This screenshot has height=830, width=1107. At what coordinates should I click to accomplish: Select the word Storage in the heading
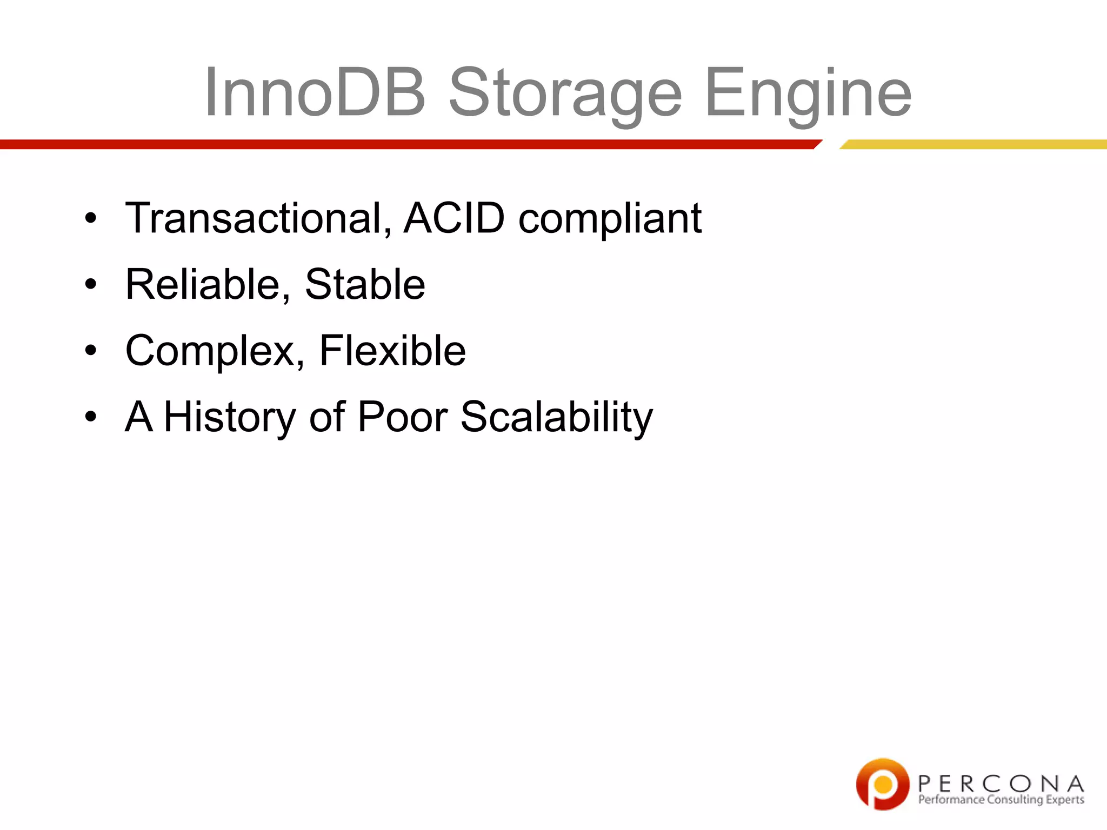point(565,95)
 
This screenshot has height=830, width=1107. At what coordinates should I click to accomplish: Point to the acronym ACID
point(454,218)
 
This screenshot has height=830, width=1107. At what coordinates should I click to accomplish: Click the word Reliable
point(208,285)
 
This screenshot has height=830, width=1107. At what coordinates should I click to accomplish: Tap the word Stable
point(365,285)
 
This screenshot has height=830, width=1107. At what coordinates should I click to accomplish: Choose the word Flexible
point(392,351)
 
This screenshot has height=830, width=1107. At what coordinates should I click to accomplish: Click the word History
point(230,418)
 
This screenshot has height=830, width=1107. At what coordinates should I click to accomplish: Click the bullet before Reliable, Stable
point(91,284)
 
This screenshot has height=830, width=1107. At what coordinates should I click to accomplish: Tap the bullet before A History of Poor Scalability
point(91,417)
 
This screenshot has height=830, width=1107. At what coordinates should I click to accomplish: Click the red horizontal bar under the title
point(405,144)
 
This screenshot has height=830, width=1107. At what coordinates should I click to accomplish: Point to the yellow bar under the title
point(973,144)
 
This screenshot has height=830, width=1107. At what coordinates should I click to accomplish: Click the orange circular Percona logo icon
point(883,784)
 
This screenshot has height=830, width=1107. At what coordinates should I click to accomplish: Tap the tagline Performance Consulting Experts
point(1001,800)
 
